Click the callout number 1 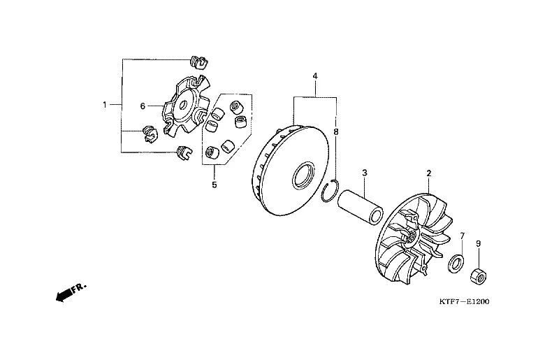105,104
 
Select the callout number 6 143,106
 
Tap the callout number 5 214,185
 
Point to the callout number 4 315,75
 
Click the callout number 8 336,131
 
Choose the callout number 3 365,173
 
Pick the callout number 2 429,173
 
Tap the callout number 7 463,236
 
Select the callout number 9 478,243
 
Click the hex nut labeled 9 478,277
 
